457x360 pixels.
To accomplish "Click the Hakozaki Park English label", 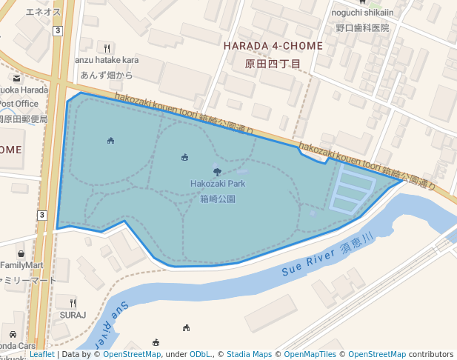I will (217, 184).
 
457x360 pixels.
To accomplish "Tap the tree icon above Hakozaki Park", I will (217, 172).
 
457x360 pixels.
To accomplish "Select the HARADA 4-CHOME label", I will (273, 46).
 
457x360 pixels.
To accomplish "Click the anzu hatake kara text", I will (107, 59).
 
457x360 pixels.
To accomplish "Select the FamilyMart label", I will (22, 265).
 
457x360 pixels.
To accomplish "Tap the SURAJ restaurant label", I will (73, 315).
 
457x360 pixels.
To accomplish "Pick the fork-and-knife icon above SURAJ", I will (73, 302).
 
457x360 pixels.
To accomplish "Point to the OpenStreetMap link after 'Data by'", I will (132, 355).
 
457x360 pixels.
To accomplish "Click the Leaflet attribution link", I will (42, 355).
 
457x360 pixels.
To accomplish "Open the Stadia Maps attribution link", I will (249, 355).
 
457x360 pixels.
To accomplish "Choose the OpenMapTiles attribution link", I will (311, 355).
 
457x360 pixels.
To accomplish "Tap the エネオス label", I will (43, 13).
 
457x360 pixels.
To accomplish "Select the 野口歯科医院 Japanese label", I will (362, 27).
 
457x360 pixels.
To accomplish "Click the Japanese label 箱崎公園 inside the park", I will (218, 199).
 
